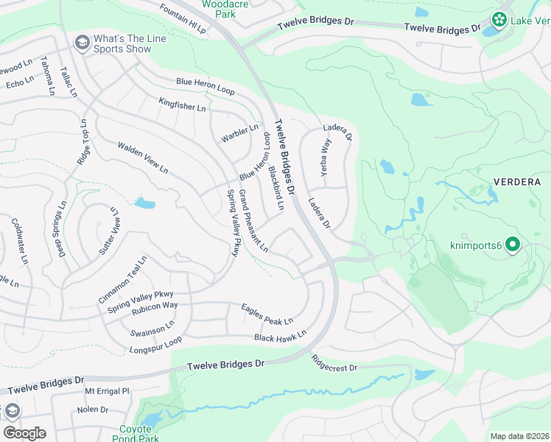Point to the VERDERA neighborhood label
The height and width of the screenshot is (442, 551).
pos(516,182)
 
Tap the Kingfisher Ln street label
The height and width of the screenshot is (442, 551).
pos(182,104)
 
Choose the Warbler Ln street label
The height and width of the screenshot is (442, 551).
pos(239,134)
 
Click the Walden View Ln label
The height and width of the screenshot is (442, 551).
pos(143,158)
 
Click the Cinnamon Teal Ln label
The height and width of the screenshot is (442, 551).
pos(123,280)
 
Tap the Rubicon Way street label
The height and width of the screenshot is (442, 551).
pos(155,305)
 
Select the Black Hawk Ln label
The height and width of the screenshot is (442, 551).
pos(280,337)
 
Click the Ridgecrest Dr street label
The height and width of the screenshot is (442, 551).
pos(334,363)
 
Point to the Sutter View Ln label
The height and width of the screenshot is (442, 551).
pos(107,231)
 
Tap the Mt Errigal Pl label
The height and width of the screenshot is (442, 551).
pos(107,390)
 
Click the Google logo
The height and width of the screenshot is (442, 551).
pos(24,433)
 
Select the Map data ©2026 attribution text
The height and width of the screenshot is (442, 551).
pos(519,436)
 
